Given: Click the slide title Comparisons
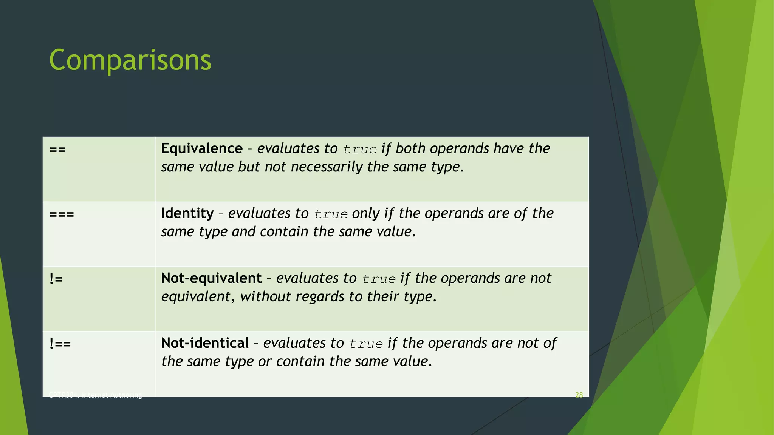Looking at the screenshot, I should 130,60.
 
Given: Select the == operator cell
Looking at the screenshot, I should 57,150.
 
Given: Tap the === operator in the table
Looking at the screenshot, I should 62,214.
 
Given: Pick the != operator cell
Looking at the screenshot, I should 56,279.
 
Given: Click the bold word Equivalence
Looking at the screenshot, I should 202,149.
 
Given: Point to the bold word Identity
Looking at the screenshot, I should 187,214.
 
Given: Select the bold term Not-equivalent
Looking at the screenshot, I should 211,279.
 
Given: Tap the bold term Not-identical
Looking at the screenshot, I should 205,344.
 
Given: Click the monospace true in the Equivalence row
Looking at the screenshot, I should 360,150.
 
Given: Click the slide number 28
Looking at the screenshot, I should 579,395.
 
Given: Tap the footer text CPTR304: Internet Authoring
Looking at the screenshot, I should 95,395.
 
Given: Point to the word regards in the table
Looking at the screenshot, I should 320,297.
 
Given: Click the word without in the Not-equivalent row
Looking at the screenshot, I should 266,297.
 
